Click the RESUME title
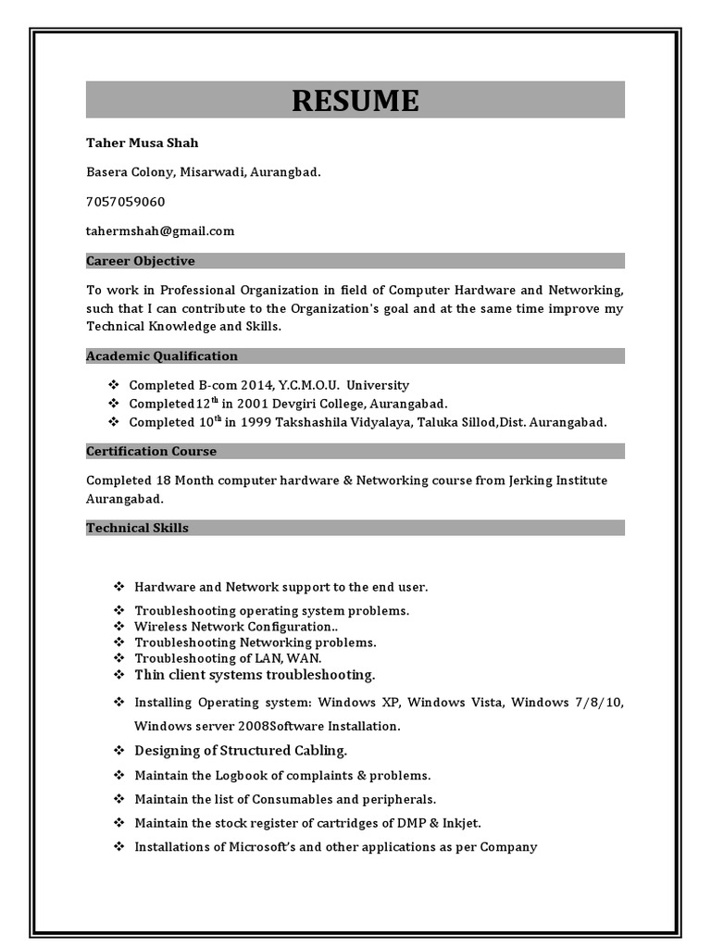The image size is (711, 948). (x=355, y=100)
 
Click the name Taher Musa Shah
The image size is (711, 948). (x=142, y=143)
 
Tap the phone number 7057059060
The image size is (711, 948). (x=125, y=202)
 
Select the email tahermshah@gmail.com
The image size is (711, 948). (x=160, y=231)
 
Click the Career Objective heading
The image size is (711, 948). (x=141, y=261)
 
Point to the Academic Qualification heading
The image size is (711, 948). (x=162, y=356)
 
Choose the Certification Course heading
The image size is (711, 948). (x=151, y=452)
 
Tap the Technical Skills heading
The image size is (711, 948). (x=137, y=528)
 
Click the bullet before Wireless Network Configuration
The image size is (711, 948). (x=118, y=627)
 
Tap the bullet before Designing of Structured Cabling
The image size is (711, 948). (x=118, y=750)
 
